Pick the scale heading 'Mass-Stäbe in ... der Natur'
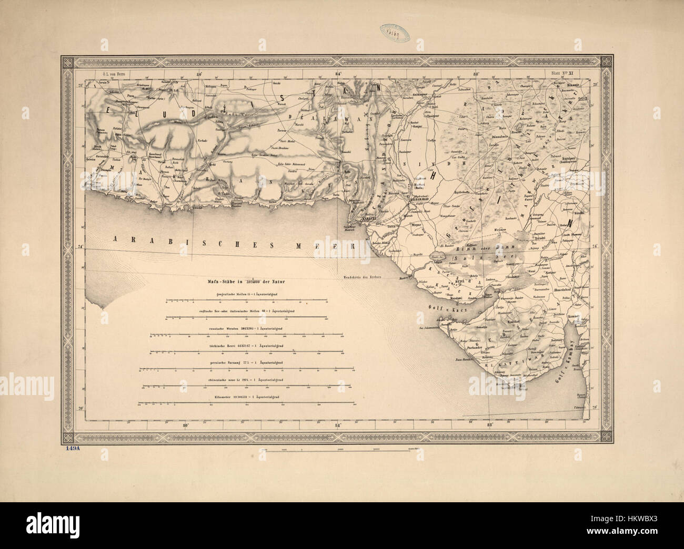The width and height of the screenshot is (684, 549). pos(246,282)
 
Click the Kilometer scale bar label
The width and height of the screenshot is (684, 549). pos(246,396)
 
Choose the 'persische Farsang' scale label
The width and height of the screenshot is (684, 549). pos(246,362)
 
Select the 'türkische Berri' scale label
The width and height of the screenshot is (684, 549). pos(246,345)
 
